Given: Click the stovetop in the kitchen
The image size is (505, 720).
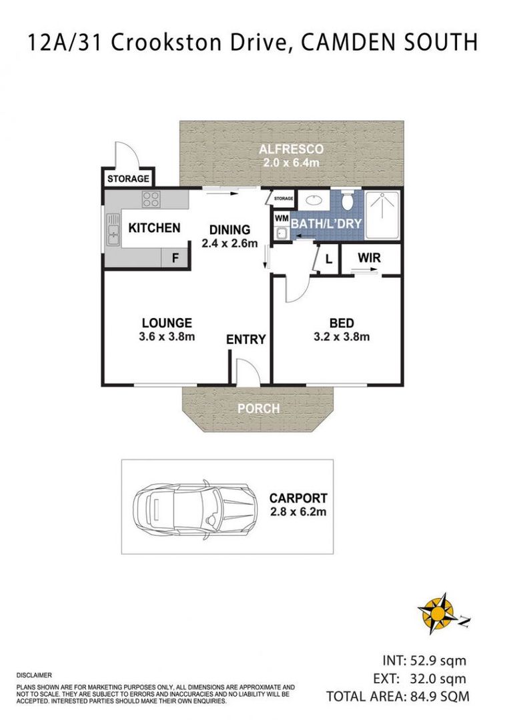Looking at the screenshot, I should [x=151, y=199].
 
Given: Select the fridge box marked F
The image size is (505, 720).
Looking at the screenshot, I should [x=175, y=258].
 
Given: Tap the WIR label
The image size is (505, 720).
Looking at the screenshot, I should [x=369, y=257].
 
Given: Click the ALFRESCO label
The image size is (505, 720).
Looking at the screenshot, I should [x=292, y=149].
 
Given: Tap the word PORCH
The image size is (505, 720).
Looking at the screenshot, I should [x=258, y=409].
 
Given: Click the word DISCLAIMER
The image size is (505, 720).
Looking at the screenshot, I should [x=33, y=675].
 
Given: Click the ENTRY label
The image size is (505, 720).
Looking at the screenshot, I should [x=245, y=339].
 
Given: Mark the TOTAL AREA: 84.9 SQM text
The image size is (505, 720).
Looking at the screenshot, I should [x=398, y=697].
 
